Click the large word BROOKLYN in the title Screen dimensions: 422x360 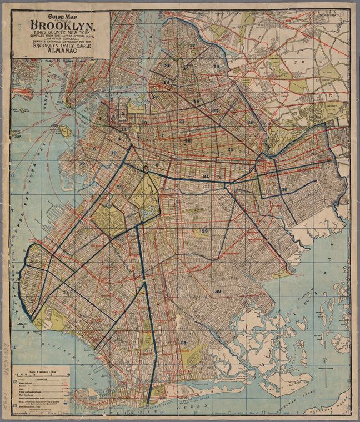click(x=62, y=26)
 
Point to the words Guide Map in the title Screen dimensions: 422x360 click(x=62, y=17)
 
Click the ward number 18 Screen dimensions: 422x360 click(x=216, y=67)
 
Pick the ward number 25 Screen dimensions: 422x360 click(x=230, y=149)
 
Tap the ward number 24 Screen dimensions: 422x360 click(x=206, y=177)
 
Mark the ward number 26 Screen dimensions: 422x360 click(x=284, y=190)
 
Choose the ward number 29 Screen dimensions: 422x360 click(x=204, y=231)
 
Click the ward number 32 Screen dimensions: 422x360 click(x=218, y=291)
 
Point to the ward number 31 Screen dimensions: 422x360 click(x=183, y=343)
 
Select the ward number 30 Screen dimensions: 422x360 click(x=66, y=292)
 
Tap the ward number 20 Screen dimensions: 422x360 click(x=144, y=122)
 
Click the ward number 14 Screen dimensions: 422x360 click(x=167, y=66)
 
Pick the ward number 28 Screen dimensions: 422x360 click(x=251, y=123)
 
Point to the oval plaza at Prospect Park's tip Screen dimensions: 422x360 click(x=146, y=169)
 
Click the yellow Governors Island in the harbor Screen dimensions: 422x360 click(x=66, y=132)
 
